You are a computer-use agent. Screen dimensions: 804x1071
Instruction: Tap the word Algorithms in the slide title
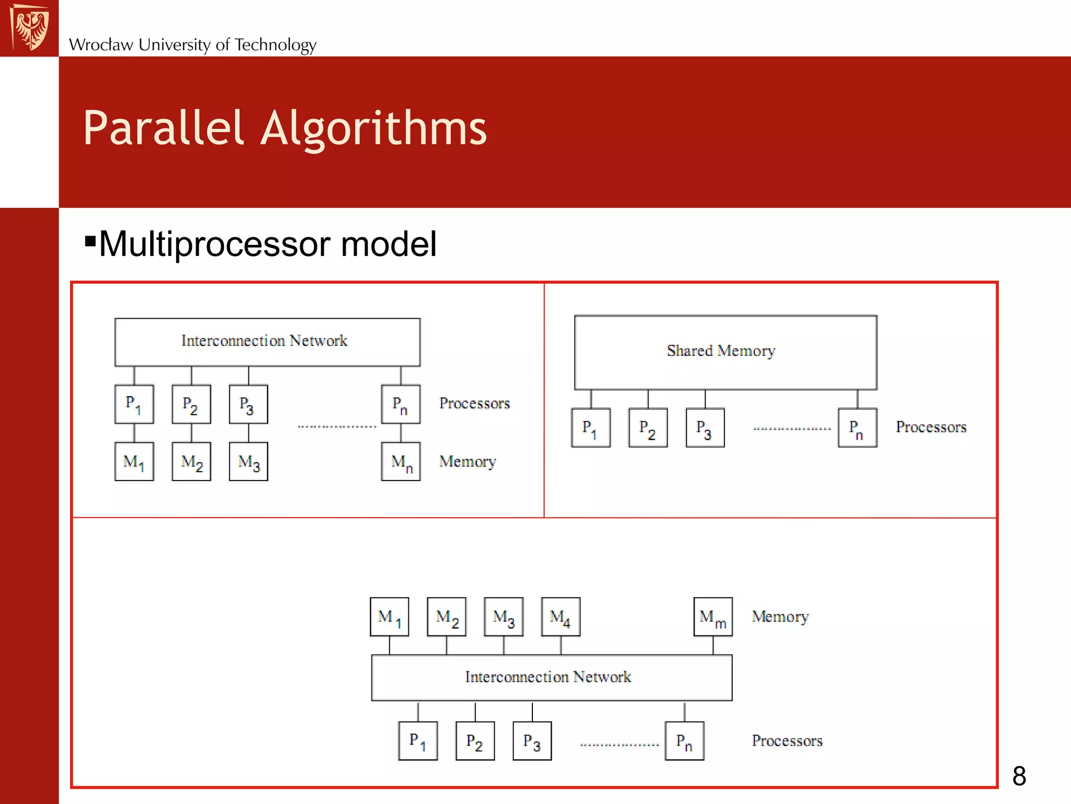click(373, 128)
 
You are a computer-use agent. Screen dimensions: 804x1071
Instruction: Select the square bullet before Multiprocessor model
click(90, 241)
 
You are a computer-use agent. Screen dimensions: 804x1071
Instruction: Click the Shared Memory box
click(725, 352)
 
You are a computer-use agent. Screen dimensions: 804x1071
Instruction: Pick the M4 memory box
click(561, 617)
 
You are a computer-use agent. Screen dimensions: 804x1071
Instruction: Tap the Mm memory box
click(713, 617)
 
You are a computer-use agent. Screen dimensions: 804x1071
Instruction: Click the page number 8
click(1019, 776)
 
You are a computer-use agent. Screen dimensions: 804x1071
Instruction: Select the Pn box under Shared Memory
click(857, 428)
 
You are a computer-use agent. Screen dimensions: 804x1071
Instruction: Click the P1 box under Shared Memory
click(590, 428)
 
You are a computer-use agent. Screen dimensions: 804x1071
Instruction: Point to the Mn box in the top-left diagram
click(401, 462)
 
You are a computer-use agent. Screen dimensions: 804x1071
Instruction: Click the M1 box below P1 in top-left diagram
click(134, 462)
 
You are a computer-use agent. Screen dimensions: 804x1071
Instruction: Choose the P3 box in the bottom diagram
click(532, 741)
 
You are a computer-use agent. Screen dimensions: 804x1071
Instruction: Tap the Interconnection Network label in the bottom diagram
click(548, 677)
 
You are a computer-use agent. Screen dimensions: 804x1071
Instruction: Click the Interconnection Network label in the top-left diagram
click(264, 341)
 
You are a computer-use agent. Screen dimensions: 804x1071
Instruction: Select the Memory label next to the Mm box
click(780, 617)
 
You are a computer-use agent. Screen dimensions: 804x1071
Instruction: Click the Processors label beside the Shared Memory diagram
click(931, 427)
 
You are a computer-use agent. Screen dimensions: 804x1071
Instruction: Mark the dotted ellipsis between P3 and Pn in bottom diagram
click(619, 744)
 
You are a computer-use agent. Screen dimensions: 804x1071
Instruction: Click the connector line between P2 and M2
click(191, 433)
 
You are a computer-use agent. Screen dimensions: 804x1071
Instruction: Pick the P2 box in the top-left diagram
click(191, 405)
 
